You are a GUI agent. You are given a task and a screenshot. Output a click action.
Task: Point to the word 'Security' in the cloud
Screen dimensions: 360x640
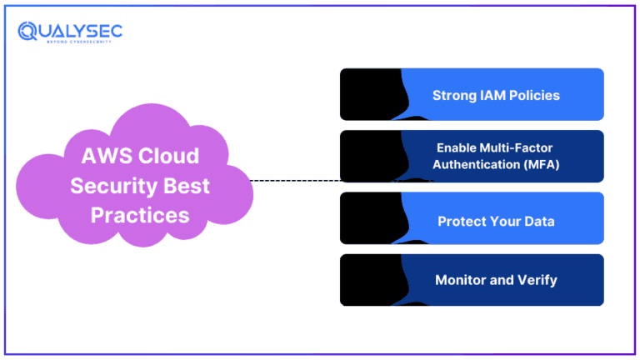(x=105, y=186)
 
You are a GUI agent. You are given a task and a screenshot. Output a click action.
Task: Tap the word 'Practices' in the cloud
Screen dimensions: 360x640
(x=140, y=215)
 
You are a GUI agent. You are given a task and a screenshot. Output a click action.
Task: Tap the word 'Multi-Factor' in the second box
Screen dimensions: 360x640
(x=516, y=147)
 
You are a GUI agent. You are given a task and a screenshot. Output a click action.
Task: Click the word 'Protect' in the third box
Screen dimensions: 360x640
(x=460, y=222)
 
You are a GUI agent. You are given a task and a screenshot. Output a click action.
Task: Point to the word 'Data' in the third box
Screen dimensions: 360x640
(x=539, y=222)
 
